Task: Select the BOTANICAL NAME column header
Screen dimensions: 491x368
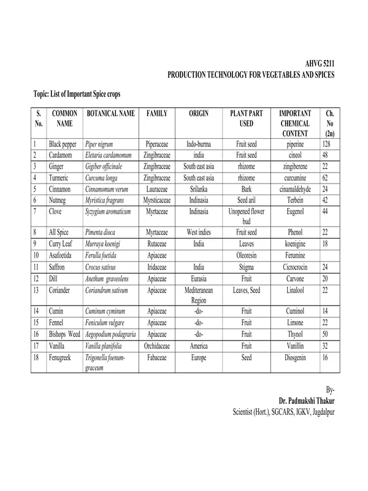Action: tap(110, 114)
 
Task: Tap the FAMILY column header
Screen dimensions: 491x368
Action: tap(158, 114)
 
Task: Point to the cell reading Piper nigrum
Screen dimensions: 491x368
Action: tap(101, 144)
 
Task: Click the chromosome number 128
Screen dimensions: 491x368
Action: tap(329, 144)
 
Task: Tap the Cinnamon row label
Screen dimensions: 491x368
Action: tap(61, 188)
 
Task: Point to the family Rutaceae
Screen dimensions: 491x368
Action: tap(158, 244)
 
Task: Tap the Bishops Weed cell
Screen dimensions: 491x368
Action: tap(64, 334)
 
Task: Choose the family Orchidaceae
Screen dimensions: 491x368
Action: tap(158, 346)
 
